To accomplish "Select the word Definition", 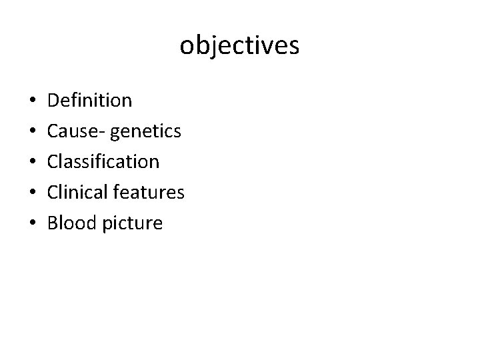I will [90, 101].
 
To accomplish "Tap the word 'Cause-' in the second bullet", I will [73, 131].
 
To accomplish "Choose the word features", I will [148, 192].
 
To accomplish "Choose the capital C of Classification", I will [54, 161].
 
